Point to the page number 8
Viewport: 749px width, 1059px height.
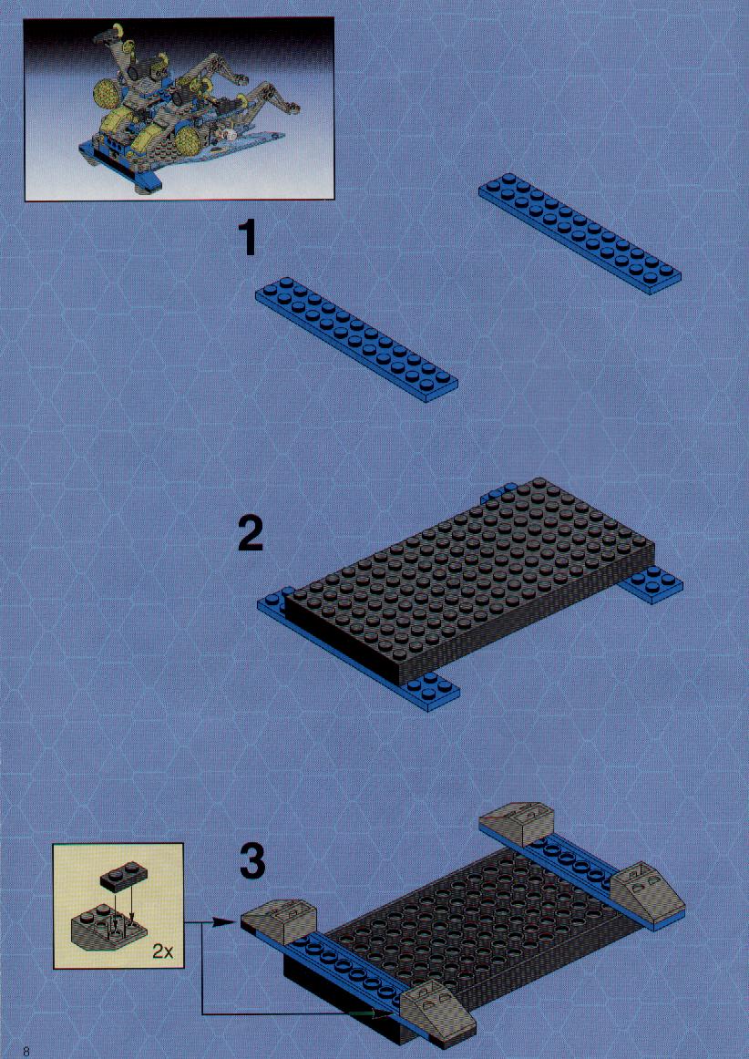pos(26,1050)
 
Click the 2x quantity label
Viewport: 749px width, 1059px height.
pos(163,952)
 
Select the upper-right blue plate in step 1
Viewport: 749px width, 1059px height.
pos(580,233)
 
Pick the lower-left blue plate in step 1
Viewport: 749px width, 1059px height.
pos(356,339)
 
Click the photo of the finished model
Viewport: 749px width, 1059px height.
pos(179,108)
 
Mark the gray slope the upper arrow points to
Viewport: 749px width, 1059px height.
pos(278,921)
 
